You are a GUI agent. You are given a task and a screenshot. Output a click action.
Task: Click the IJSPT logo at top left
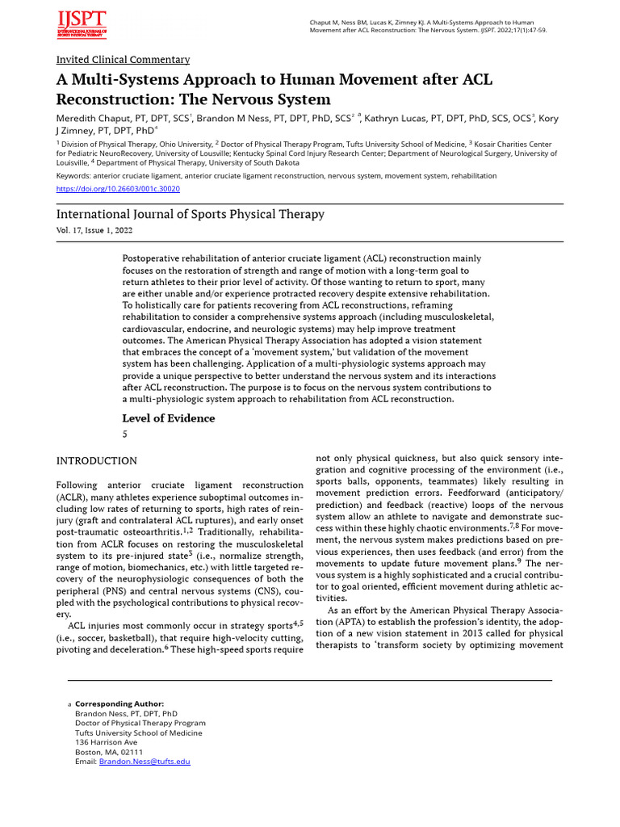point(82,24)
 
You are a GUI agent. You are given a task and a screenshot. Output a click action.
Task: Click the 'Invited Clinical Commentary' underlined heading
point(123,60)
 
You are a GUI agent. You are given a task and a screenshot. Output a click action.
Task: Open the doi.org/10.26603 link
point(118,189)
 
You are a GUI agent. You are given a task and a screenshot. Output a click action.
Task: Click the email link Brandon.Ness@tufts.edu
point(145,762)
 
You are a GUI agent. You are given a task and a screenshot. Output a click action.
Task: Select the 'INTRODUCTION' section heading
point(96,461)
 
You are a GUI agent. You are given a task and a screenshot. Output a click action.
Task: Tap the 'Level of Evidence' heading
point(168,418)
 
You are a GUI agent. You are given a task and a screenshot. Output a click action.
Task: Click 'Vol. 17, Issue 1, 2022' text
point(94,230)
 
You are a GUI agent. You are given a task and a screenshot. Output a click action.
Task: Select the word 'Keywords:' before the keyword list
point(73,175)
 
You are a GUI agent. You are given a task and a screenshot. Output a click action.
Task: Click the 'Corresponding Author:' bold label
point(119,704)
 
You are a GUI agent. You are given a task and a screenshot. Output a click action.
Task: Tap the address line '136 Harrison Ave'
point(106,742)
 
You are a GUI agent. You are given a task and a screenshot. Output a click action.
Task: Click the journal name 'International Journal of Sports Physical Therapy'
point(190,214)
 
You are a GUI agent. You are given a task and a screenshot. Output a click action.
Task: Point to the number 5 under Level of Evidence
point(125,434)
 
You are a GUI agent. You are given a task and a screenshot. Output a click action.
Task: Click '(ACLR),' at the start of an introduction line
point(76,499)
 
